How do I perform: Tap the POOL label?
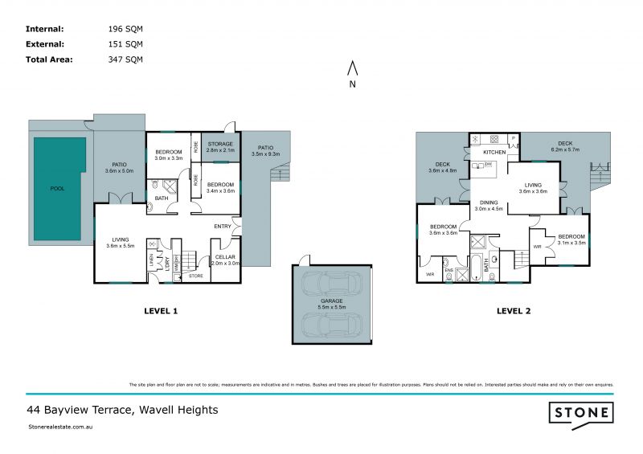point(57,189)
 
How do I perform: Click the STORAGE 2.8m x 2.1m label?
point(219,147)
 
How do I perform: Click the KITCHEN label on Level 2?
point(494,152)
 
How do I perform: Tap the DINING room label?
point(489,206)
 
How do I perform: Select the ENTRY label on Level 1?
point(223,226)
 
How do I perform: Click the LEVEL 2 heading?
point(515,311)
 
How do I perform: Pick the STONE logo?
point(582,414)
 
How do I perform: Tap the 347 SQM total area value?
point(125,59)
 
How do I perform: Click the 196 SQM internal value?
point(125,29)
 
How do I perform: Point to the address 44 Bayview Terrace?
point(122,410)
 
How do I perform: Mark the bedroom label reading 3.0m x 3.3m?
point(169,155)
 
